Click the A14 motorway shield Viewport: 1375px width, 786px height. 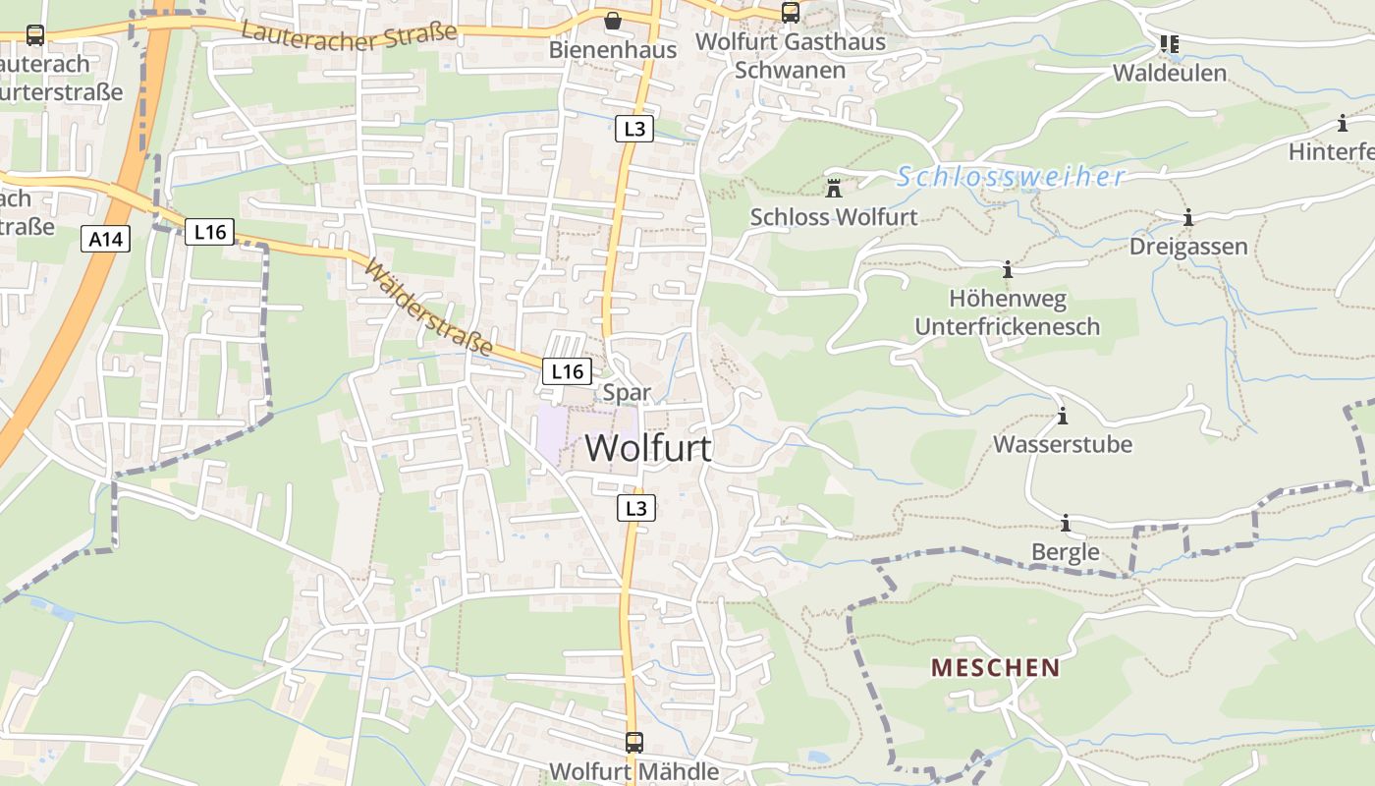(x=105, y=239)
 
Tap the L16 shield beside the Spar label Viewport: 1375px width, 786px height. (x=567, y=371)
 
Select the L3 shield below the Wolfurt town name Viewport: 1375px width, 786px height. (x=636, y=508)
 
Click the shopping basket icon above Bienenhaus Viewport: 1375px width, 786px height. (x=613, y=21)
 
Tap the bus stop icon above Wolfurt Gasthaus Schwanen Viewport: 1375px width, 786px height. (x=790, y=13)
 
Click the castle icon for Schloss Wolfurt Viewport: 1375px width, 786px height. (x=834, y=189)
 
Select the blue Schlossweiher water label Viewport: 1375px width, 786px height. (x=1011, y=177)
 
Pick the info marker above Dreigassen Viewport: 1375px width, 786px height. (x=1187, y=218)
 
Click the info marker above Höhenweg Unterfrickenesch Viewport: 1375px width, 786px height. (x=1007, y=269)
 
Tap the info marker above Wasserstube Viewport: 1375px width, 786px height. (x=1062, y=417)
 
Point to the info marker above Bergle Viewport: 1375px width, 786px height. (x=1065, y=523)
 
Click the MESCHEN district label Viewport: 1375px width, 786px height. (x=995, y=668)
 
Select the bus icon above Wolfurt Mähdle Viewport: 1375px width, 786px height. (x=634, y=742)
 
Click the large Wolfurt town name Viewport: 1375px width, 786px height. (x=648, y=448)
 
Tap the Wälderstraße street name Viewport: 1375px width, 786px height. (x=428, y=307)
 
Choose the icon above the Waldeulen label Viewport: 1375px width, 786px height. (x=1169, y=44)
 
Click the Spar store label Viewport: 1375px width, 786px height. (x=627, y=393)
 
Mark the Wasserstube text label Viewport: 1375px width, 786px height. (x=1063, y=444)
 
